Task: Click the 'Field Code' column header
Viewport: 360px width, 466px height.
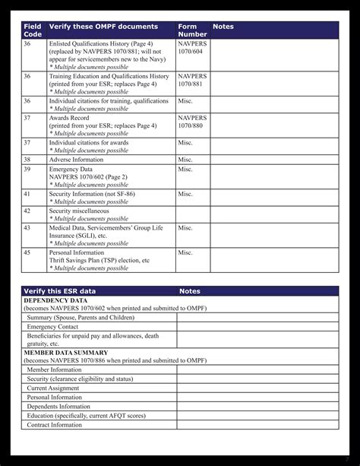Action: [x=33, y=30]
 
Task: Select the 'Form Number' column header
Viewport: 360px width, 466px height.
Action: [x=191, y=30]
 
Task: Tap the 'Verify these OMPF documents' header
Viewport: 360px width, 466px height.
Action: [x=97, y=27]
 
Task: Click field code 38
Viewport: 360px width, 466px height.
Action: [x=27, y=160]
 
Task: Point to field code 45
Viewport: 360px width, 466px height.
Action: [x=27, y=252]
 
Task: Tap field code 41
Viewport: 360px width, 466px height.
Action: [x=27, y=194]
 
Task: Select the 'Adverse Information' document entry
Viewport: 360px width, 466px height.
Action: [x=76, y=160]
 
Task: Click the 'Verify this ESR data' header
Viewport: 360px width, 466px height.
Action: [x=60, y=291]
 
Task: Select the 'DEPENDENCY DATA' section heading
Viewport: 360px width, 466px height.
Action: [x=55, y=300]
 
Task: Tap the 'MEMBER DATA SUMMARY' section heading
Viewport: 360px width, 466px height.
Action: [x=65, y=353]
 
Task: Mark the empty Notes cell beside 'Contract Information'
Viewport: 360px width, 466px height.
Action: [x=257, y=425]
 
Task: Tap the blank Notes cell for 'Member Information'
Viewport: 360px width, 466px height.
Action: [x=257, y=369]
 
